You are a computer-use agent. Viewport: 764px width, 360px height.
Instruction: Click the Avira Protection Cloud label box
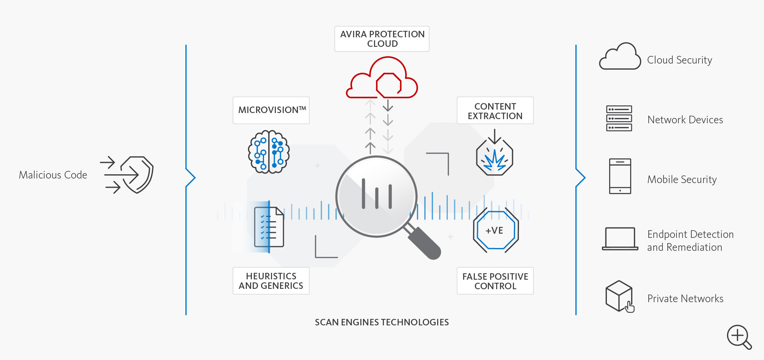(382, 39)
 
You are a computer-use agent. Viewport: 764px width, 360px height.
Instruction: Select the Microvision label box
(271, 110)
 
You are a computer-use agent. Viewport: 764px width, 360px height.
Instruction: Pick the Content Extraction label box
(495, 111)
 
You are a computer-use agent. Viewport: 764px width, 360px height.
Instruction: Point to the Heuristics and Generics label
(271, 281)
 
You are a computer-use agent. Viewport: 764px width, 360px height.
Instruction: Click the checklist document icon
(269, 227)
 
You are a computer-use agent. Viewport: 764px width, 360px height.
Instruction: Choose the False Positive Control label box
(495, 281)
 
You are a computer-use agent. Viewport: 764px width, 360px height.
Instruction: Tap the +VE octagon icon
(495, 230)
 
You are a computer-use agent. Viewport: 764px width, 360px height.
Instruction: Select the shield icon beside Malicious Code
(137, 174)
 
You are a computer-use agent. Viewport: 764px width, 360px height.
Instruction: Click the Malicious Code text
(53, 175)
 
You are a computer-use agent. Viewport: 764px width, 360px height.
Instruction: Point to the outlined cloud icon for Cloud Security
(620, 57)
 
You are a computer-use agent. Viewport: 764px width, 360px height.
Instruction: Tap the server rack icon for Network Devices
(619, 118)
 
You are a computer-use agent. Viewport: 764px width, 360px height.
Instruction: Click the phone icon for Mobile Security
(620, 176)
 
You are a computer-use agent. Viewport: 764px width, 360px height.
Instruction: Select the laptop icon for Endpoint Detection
(620, 239)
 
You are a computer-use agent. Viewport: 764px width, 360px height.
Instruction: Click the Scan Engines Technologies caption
(382, 322)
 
